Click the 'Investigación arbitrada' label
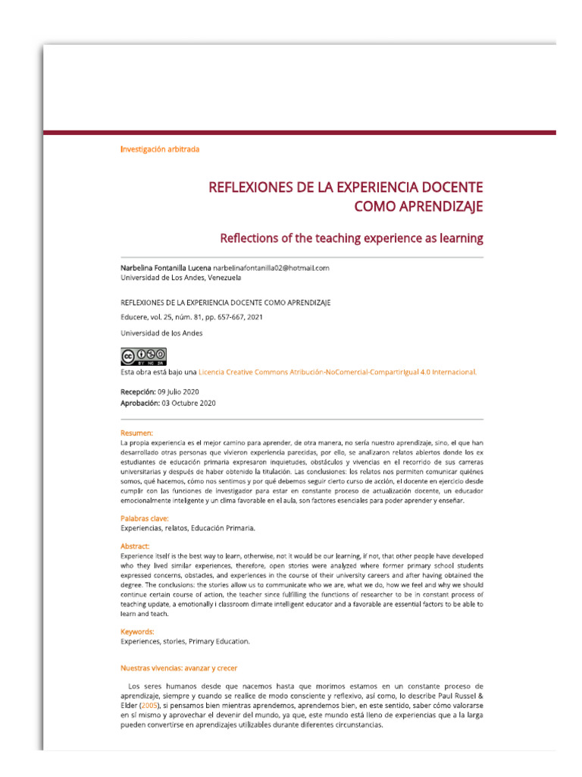(160, 149)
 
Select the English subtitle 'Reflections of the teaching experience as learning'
(351, 238)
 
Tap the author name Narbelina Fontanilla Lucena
(165, 268)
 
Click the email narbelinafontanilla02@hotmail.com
(271, 268)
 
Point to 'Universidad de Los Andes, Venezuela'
(181, 278)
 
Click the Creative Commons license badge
(143, 357)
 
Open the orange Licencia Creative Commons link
(337, 372)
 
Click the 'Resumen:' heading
(136, 433)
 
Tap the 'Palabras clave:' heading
(145, 518)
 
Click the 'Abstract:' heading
(135, 546)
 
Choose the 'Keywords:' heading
(137, 631)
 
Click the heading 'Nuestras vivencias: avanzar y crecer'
(179, 668)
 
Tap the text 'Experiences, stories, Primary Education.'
(185, 641)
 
